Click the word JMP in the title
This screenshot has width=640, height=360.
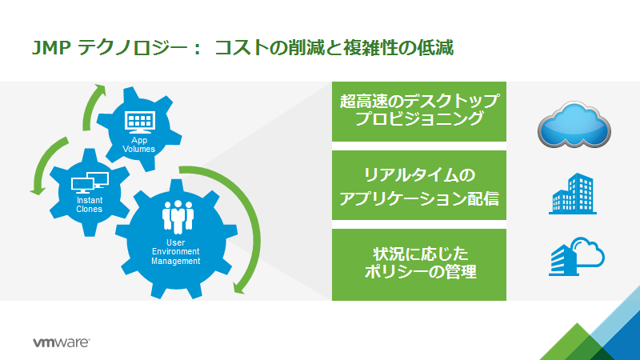click(52, 47)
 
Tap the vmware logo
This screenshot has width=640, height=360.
click(61, 342)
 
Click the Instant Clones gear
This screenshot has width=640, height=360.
click(89, 192)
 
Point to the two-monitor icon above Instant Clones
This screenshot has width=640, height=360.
click(90, 183)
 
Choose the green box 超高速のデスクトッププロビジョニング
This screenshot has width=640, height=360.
click(419, 110)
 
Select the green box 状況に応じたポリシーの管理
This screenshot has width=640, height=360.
click(419, 264)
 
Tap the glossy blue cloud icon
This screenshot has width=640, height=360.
click(575, 124)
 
